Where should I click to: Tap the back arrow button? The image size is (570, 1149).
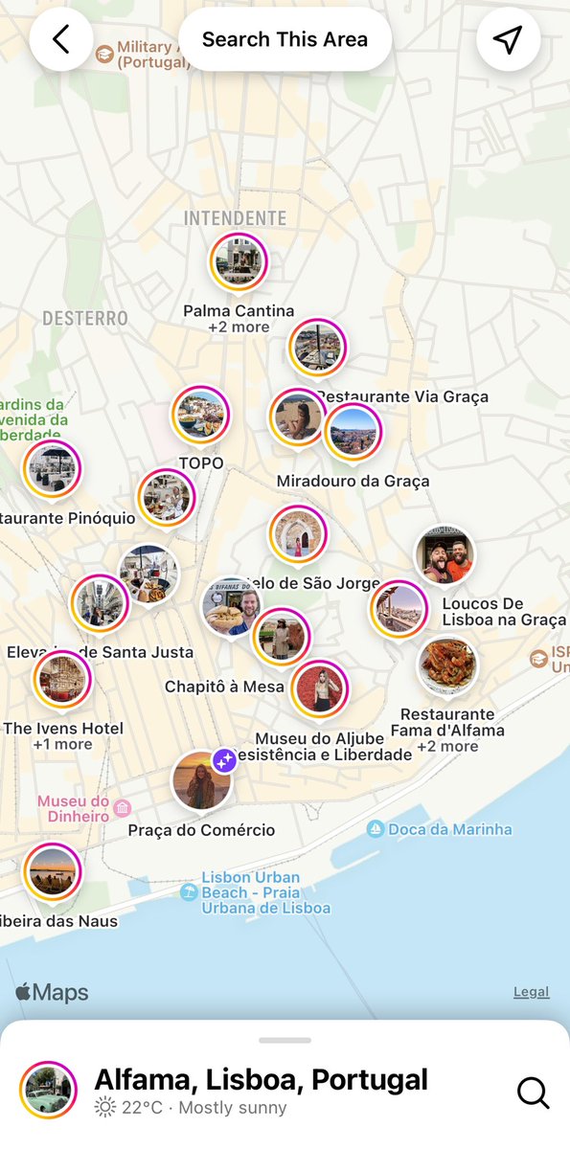(61, 39)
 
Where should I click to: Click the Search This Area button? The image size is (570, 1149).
(285, 39)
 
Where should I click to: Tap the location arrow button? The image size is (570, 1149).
(508, 39)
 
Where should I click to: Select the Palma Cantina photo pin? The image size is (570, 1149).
(239, 262)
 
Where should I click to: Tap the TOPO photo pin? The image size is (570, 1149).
(201, 416)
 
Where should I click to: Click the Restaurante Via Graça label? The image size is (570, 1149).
(402, 396)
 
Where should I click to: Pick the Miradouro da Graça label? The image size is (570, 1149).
(353, 481)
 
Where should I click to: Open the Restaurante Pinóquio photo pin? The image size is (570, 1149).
(53, 469)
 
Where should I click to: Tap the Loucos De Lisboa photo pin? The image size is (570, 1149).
(445, 555)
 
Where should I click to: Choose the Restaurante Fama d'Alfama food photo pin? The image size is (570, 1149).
(447, 665)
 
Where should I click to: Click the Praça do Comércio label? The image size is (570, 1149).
(201, 830)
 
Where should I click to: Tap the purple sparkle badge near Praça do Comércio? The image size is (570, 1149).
(224, 761)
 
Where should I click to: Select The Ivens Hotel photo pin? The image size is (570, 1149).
(62, 680)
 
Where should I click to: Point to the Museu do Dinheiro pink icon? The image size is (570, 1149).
(122, 809)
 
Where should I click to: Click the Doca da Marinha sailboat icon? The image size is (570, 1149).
(376, 829)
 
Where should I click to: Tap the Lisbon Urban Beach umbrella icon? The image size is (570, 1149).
(189, 892)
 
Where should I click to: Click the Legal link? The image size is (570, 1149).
(531, 992)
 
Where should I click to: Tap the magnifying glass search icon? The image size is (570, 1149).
(532, 1092)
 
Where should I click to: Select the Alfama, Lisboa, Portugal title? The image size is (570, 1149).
(261, 1080)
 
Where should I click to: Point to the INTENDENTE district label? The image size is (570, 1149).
(235, 218)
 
